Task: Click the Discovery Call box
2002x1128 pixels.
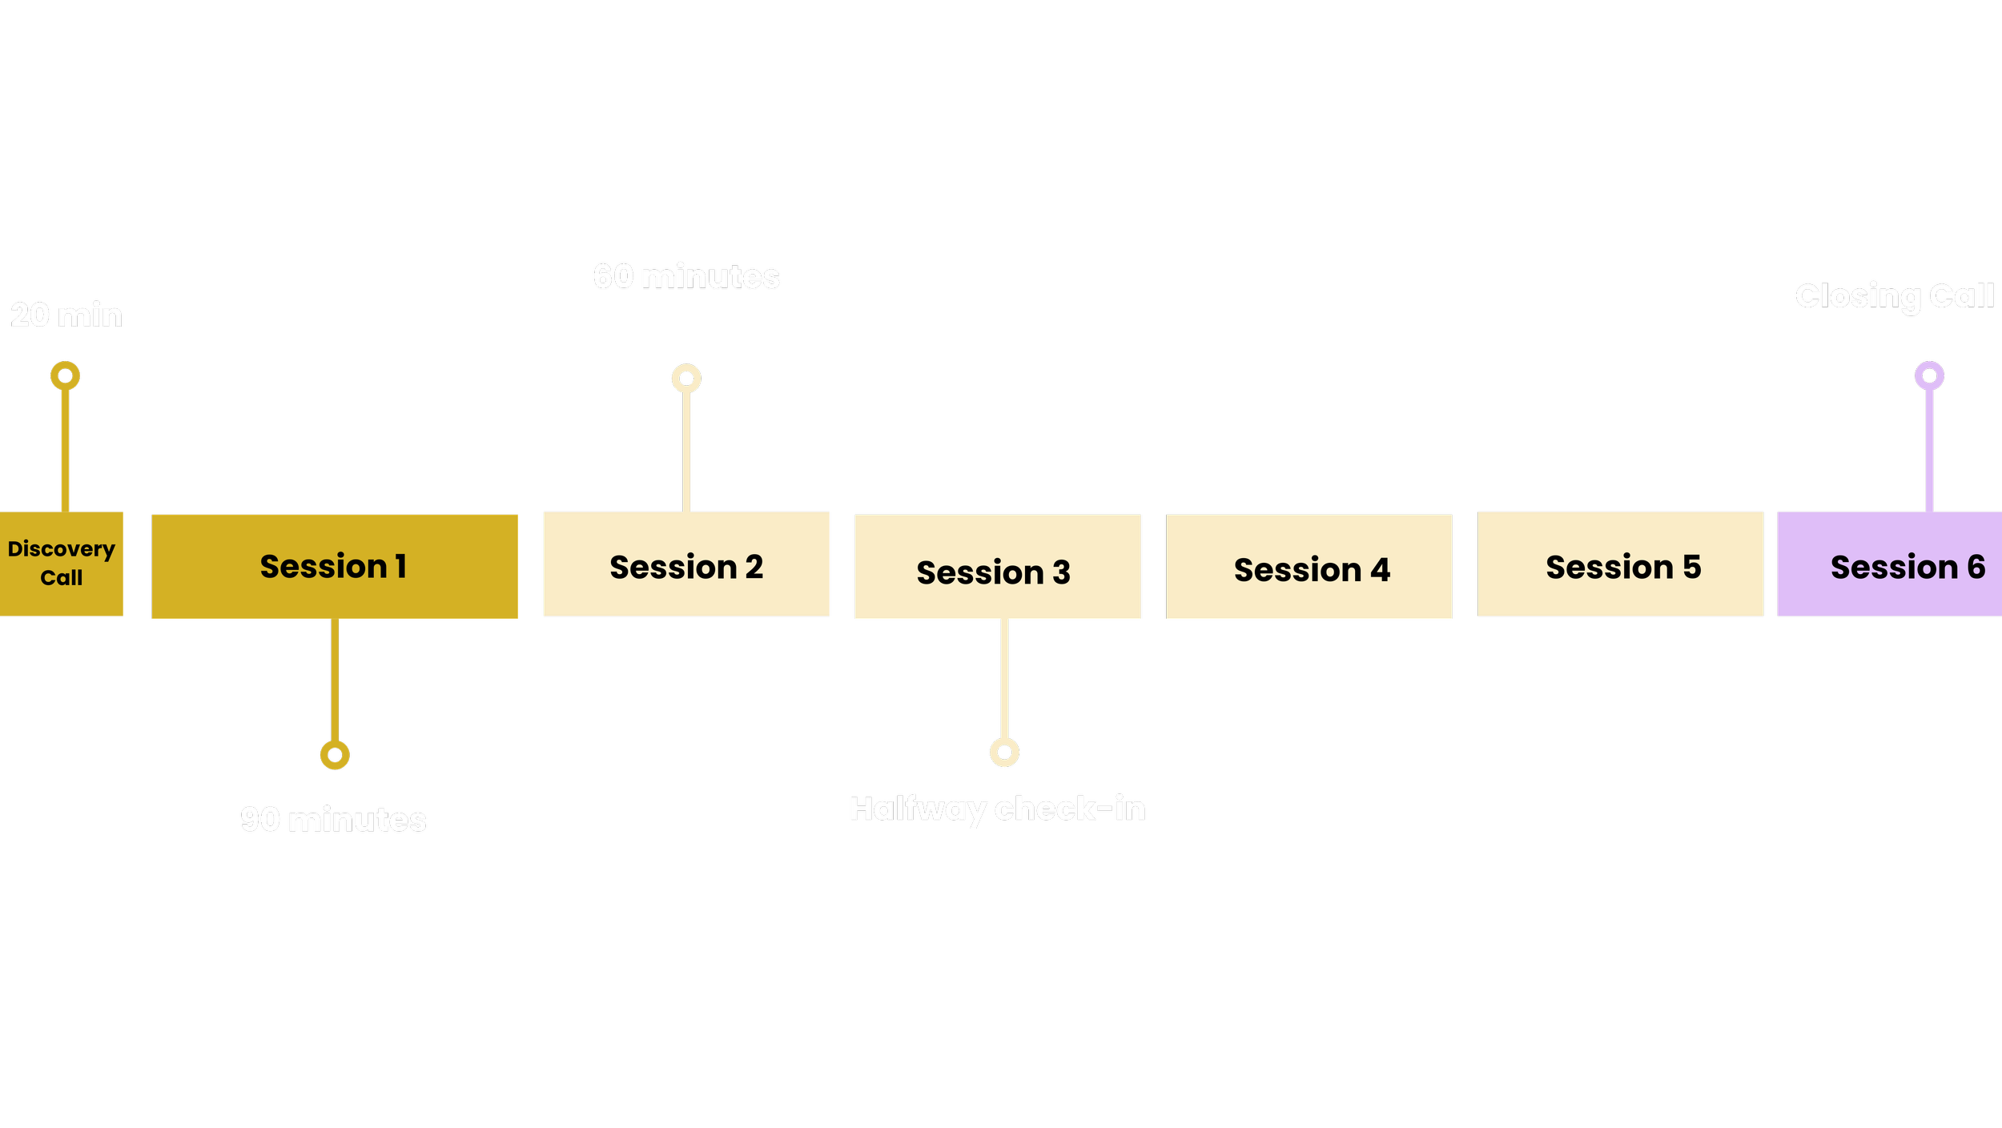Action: click(62, 564)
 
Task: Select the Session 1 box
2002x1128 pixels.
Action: click(335, 567)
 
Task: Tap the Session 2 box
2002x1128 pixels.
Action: click(686, 564)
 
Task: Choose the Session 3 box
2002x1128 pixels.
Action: click(998, 567)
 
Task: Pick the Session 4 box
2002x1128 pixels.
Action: click(1309, 567)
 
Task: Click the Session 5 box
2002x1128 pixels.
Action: click(1621, 564)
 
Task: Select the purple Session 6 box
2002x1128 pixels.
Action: click(1890, 564)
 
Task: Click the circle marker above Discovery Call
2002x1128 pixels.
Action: click(66, 375)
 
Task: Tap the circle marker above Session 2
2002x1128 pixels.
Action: click(686, 378)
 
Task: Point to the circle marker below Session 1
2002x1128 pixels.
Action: click(335, 754)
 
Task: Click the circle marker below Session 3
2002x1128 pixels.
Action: click(1004, 752)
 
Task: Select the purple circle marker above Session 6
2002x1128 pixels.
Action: click(1929, 375)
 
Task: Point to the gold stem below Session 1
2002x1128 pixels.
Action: click(335, 680)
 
